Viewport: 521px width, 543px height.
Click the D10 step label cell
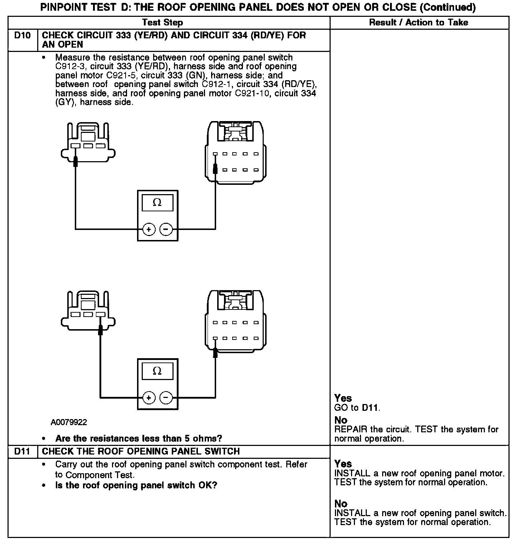click(23, 36)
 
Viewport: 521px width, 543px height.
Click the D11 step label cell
click(23, 451)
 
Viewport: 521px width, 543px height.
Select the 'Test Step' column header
click(162, 23)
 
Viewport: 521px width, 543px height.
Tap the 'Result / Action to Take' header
click(419, 23)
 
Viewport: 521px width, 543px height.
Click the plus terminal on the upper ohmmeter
click(149, 229)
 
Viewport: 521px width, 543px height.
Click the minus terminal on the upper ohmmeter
click(166, 229)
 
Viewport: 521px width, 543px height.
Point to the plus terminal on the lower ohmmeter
click(149, 397)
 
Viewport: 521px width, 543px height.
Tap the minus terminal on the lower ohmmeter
click(166, 397)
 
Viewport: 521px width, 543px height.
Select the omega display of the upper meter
click(157, 203)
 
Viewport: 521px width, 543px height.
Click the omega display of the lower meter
click(157, 371)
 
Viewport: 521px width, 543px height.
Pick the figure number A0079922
click(69, 422)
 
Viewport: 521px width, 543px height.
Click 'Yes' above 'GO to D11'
click(343, 398)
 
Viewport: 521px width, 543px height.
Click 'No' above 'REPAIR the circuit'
click(341, 420)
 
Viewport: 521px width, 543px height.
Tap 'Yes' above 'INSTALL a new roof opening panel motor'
click(343, 464)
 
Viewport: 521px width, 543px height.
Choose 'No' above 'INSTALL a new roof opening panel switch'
click(341, 504)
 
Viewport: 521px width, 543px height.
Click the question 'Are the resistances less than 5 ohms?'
click(138, 438)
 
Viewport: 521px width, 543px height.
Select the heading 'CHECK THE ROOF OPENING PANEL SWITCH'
click(141, 451)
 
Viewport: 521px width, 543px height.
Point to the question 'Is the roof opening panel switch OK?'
click(136, 485)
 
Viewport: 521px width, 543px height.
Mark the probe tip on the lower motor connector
click(215, 353)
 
